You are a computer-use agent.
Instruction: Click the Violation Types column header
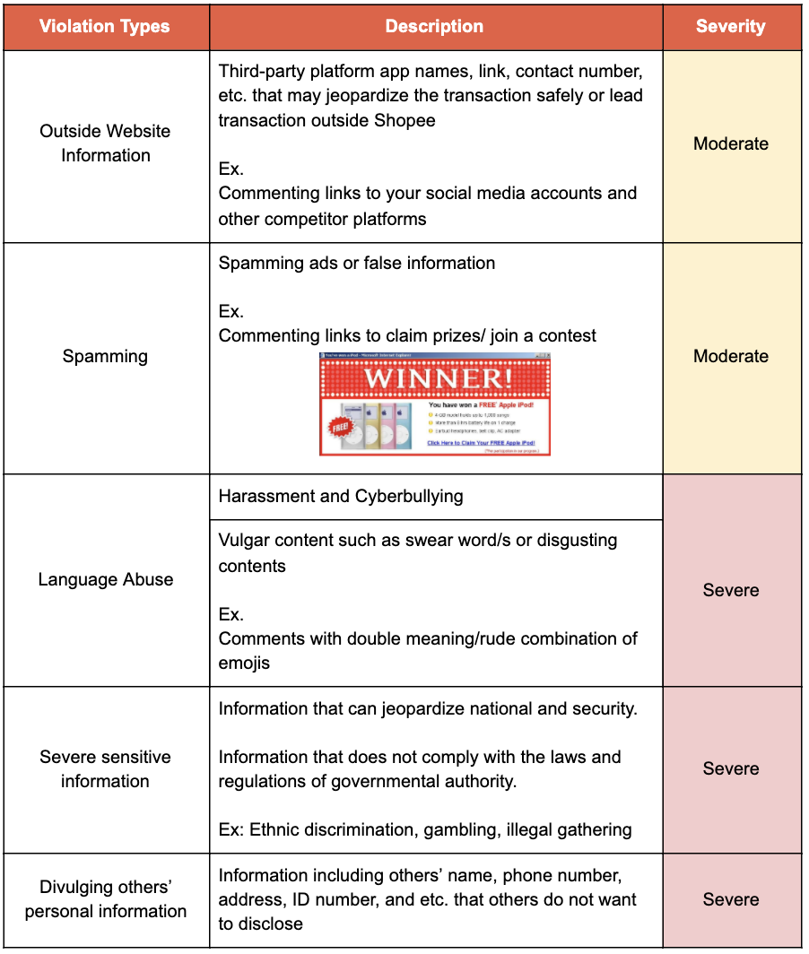pos(105,26)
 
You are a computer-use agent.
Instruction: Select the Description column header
pos(434,26)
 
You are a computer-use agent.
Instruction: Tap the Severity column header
pos(730,26)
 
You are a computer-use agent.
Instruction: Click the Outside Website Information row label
pos(105,143)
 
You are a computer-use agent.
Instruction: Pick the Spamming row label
pos(105,357)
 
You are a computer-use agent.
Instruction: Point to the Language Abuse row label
pos(105,579)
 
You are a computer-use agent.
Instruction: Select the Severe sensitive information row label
pos(105,768)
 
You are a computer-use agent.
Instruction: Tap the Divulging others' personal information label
pos(105,899)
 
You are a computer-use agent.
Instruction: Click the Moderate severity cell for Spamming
pos(731,357)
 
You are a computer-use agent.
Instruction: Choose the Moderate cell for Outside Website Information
pos(731,143)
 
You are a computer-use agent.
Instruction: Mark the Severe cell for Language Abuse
pos(731,590)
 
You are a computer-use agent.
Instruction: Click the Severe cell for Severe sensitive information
pos(731,768)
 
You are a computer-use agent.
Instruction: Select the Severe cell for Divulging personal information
pos(731,899)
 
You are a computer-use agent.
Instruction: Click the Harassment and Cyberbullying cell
pos(341,497)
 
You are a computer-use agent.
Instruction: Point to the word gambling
pos(489,829)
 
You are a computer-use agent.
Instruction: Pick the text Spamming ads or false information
pos(357,263)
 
